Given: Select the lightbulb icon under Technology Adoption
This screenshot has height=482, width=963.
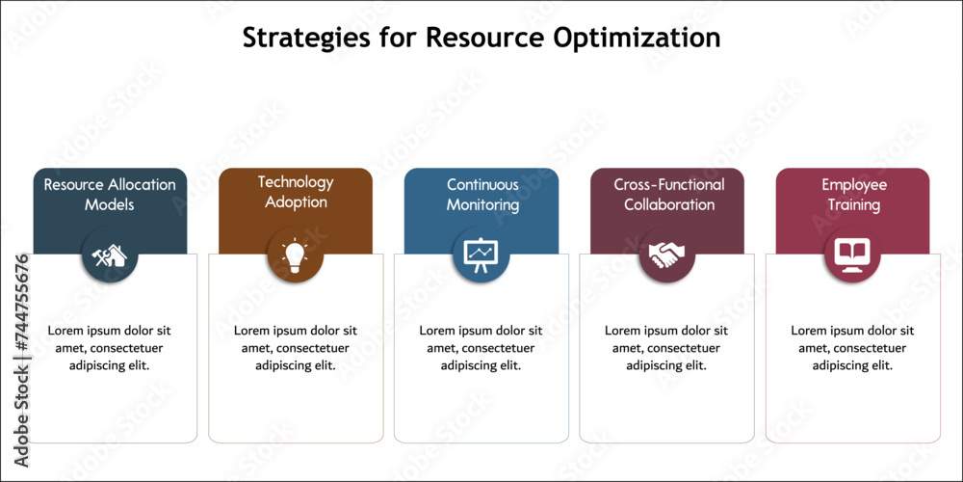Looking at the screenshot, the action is (x=296, y=254).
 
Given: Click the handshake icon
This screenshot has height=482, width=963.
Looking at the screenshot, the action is (x=667, y=254).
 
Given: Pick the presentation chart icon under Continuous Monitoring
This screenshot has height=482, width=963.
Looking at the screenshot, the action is (x=481, y=254).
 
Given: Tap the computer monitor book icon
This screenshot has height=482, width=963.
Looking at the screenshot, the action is (x=852, y=254).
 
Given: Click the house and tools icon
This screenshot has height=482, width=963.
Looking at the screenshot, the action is (x=110, y=254).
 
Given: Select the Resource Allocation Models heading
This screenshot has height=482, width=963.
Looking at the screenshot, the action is (x=110, y=195).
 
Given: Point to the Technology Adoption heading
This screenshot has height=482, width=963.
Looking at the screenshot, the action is (x=296, y=192).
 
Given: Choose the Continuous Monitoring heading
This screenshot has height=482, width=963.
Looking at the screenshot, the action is (x=482, y=195).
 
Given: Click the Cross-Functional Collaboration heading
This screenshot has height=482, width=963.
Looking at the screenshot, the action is (x=669, y=195).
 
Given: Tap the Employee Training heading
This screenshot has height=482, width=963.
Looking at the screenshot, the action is (x=853, y=195).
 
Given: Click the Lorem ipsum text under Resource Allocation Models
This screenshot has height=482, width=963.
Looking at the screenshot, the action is (x=110, y=348).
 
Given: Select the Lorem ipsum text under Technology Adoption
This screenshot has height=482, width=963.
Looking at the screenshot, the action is (x=296, y=348).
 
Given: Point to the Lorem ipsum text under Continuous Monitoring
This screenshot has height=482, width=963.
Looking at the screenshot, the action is (x=481, y=348).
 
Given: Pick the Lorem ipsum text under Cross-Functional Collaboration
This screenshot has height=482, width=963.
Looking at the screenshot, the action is (x=666, y=348).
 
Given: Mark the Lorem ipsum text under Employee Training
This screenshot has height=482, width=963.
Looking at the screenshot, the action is (x=852, y=348).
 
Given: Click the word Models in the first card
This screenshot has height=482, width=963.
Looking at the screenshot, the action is (x=110, y=204).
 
